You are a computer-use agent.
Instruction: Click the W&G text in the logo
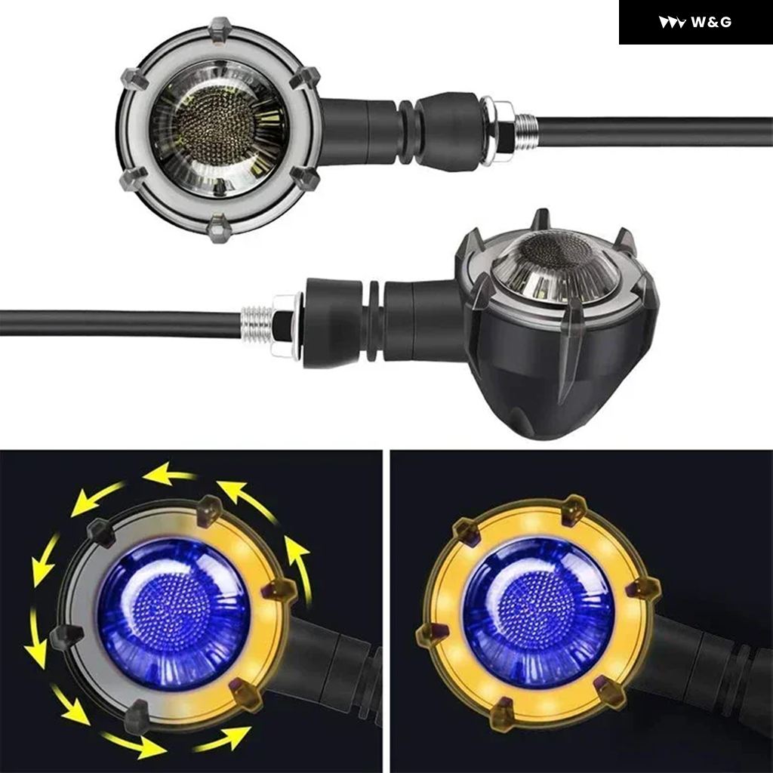click(x=711, y=22)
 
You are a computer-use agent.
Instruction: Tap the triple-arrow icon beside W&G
click(x=671, y=23)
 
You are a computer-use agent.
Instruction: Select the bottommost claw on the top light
click(x=219, y=228)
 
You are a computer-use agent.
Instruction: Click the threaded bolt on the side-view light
click(x=257, y=323)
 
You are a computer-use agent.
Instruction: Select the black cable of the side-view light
click(x=122, y=323)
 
